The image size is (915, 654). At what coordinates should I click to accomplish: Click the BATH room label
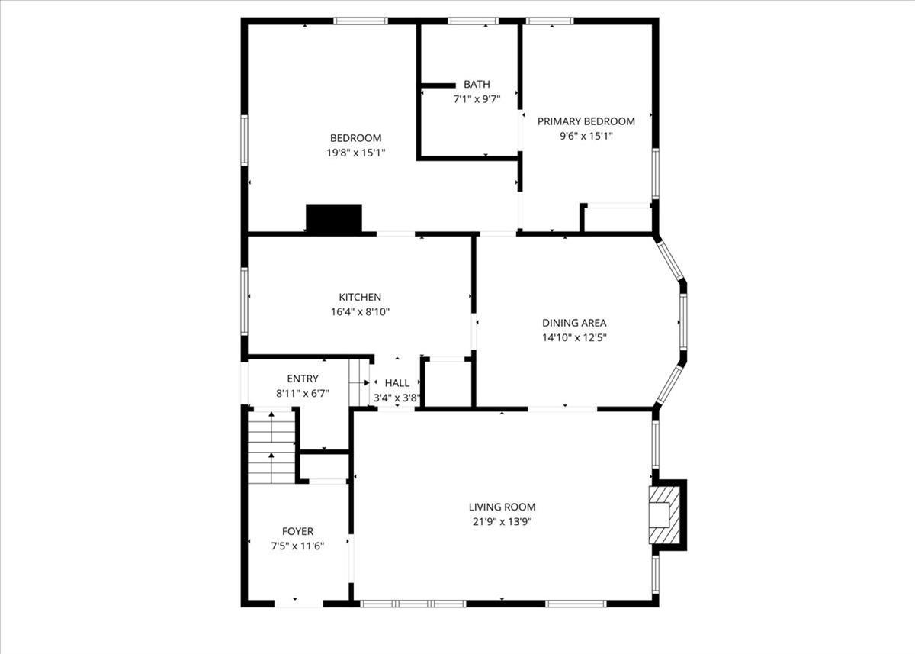477,85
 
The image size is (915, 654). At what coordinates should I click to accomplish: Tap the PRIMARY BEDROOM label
586,121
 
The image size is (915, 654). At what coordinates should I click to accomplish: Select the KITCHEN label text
360,297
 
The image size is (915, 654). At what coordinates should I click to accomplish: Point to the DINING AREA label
574,323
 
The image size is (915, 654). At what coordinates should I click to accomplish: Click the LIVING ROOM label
502,507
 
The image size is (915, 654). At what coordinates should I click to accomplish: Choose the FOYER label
297,531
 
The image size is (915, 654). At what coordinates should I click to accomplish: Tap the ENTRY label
303,379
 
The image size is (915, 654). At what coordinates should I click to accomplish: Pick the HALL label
396,383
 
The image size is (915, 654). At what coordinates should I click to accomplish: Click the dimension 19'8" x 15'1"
355,153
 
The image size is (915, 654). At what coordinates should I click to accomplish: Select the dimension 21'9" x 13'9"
502,522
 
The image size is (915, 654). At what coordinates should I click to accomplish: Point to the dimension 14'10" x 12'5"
574,337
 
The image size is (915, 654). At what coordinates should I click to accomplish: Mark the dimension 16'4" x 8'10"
360,311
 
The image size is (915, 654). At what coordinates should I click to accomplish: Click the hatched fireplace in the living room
661,515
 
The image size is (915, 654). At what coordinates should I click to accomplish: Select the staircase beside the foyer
271,446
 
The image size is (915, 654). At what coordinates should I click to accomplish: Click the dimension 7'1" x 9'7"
477,99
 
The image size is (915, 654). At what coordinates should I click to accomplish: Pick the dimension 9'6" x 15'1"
586,136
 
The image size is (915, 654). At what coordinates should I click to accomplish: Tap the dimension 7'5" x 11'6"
297,546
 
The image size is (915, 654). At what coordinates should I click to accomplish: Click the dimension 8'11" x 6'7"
303,394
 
